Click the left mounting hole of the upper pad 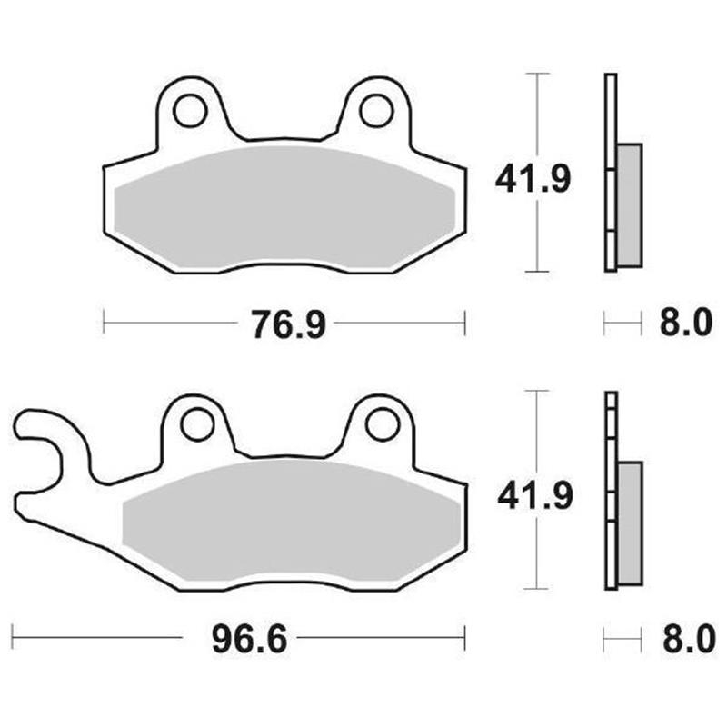[x=190, y=110]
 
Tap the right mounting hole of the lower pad [x=382, y=423]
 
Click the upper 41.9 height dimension [x=532, y=180]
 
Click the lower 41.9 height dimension [x=532, y=496]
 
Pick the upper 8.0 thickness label [x=682, y=323]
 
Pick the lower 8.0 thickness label [x=682, y=641]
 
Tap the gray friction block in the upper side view [x=630, y=204]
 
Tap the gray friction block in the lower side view [x=630, y=523]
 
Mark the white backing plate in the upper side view [x=610, y=173]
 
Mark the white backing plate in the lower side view [x=610, y=491]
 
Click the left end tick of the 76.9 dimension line [x=105, y=322]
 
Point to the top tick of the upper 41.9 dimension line [x=539, y=73]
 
